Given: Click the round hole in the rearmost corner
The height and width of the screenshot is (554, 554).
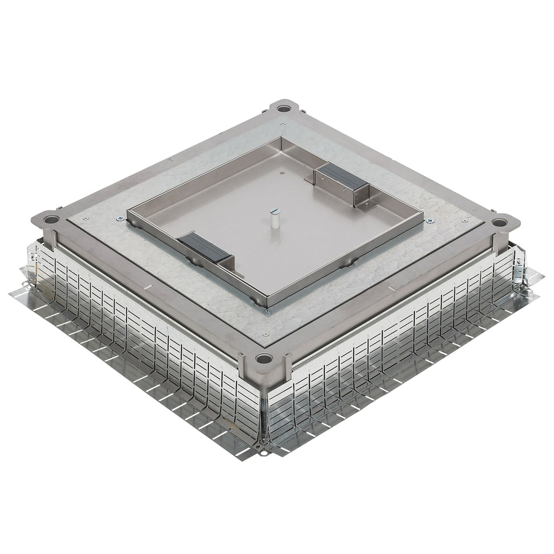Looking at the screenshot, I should tap(282, 108).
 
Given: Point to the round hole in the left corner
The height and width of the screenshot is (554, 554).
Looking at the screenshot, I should tap(51, 220).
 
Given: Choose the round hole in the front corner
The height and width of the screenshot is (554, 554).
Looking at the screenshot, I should tap(265, 358).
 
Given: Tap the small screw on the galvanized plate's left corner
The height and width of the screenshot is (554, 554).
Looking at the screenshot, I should tap(85, 219).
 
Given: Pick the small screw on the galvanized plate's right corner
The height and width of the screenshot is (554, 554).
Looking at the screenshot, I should tap(465, 221).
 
